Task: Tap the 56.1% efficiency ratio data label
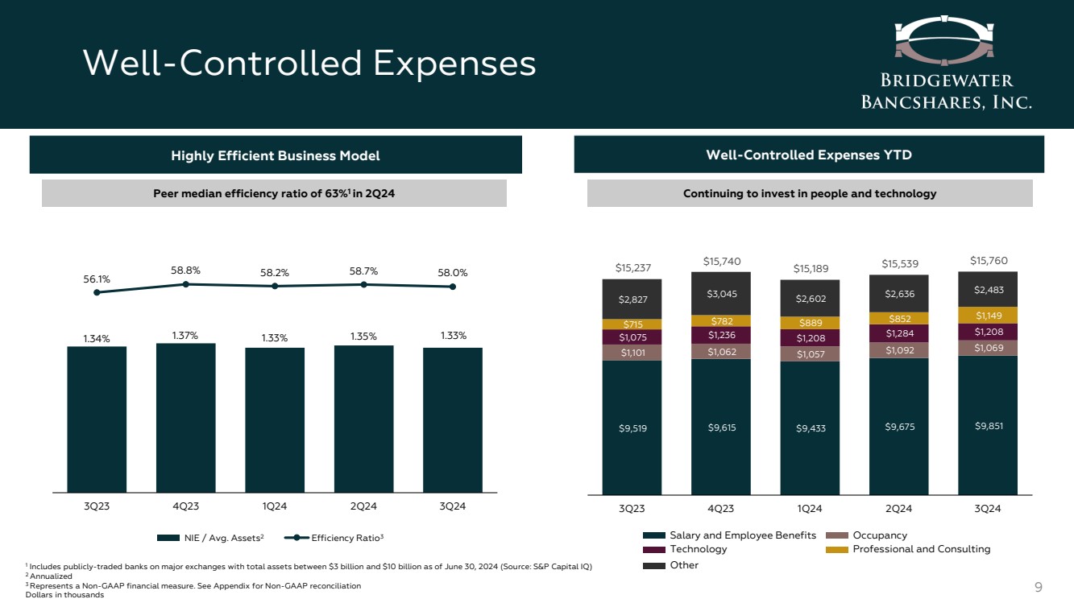click(97, 278)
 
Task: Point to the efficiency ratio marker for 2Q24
click(364, 284)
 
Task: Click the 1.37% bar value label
click(185, 333)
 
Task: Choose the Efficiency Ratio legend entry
click(342, 537)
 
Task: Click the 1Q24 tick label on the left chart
click(275, 506)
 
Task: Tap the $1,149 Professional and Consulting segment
click(987, 316)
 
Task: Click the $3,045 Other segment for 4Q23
click(720, 293)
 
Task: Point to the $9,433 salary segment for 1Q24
click(810, 427)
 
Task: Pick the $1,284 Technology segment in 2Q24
click(898, 333)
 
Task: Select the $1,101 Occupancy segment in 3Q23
click(632, 353)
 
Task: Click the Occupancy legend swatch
click(838, 535)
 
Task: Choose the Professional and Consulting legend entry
click(921, 549)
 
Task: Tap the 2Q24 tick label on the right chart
click(898, 508)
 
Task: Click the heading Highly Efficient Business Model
click(276, 155)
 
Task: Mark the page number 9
click(1038, 586)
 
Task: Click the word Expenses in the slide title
click(456, 64)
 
